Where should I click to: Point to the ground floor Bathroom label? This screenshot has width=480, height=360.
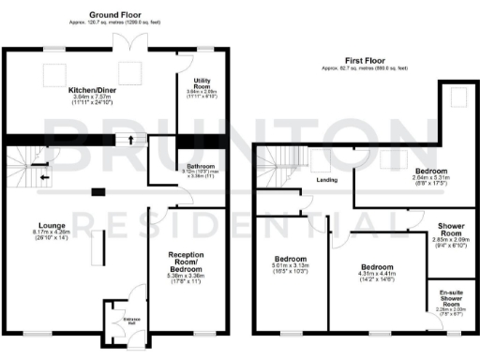click(196, 166)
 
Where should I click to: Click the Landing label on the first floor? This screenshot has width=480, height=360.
click(327, 179)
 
